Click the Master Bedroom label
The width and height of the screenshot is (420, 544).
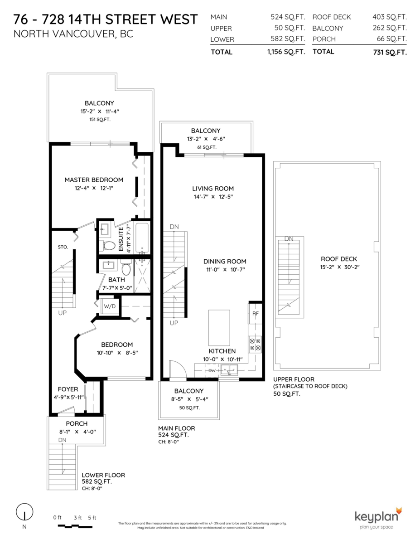pyautogui.click(x=94, y=180)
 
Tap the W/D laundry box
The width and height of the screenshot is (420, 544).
pyautogui.click(x=109, y=306)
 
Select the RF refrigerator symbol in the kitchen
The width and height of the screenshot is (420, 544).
pyautogui.click(x=255, y=313)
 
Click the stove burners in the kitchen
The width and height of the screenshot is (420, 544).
pyautogui.click(x=255, y=345)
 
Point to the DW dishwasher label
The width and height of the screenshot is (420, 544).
pyautogui.click(x=212, y=371)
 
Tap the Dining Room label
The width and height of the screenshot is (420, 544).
pyautogui.click(x=225, y=261)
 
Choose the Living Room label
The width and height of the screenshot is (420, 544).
pyautogui.click(x=213, y=189)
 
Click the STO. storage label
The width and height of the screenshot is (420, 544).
pyautogui.click(x=63, y=247)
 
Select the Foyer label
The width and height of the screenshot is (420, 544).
pyautogui.click(x=68, y=389)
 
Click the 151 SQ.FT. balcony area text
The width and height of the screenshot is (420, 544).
pyautogui.click(x=100, y=119)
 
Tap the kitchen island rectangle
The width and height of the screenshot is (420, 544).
pyautogui.click(x=219, y=327)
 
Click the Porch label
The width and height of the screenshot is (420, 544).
pyautogui.click(x=77, y=423)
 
